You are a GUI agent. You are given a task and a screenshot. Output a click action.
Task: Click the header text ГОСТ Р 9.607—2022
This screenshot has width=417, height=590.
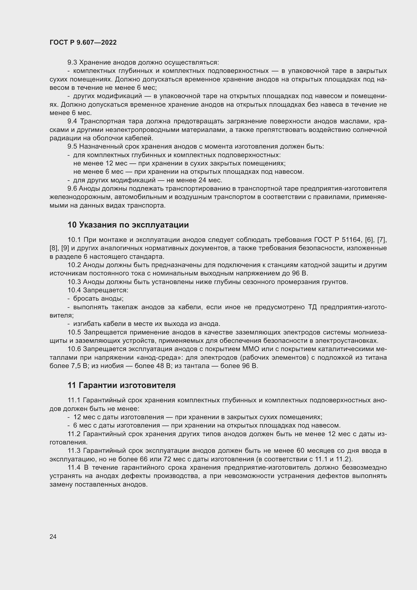(x=83, y=42)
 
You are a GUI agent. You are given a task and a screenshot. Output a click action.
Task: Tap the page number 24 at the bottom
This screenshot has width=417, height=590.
(x=53, y=537)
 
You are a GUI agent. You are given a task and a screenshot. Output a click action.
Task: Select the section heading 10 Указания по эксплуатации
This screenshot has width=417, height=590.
(x=128, y=225)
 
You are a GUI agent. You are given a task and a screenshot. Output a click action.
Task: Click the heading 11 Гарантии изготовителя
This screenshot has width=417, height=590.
(x=122, y=385)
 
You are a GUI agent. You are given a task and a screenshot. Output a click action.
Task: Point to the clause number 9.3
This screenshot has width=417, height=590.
(x=72, y=63)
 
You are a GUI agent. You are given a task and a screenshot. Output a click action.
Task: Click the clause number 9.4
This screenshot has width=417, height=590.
(x=72, y=121)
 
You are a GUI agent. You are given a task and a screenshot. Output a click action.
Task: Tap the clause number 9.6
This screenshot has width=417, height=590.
(x=72, y=189)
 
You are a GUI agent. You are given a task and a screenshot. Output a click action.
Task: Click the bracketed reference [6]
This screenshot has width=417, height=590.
(x=369, y=240)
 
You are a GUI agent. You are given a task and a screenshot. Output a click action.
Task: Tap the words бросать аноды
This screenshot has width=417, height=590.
(x=98, y=299)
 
